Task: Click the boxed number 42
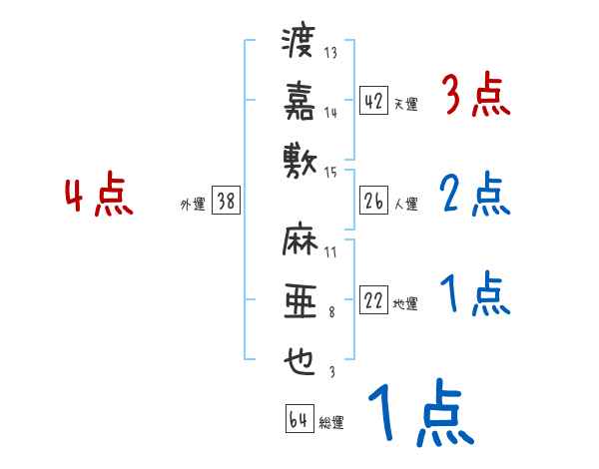pos(373,100)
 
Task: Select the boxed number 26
pos(373,202)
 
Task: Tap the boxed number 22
pos(373,301)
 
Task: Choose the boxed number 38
pos(226,202)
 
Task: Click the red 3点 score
pos(475,97)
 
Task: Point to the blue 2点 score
pos(475,196)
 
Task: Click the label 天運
pos(405,104)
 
